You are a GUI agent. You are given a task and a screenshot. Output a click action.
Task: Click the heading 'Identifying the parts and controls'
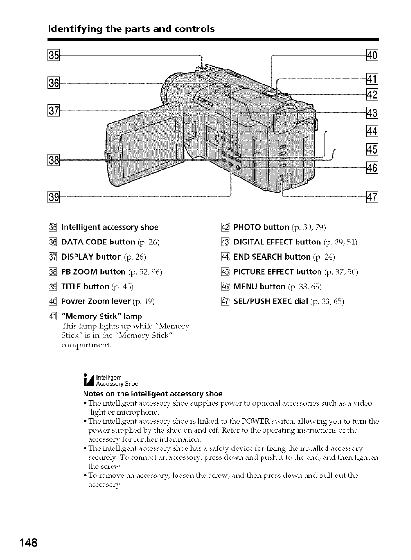[131, 29]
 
